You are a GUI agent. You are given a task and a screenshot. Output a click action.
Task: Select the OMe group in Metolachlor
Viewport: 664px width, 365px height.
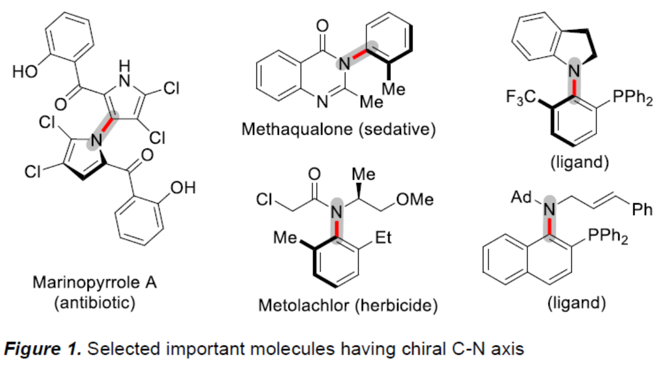click(x=415, y=200)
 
